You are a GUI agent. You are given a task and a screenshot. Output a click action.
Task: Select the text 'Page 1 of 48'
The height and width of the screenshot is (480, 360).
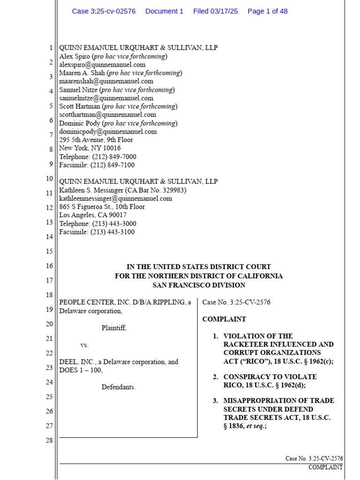(x=267, y=11)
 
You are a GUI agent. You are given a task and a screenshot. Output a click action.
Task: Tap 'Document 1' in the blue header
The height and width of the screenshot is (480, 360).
(x=164, y=11)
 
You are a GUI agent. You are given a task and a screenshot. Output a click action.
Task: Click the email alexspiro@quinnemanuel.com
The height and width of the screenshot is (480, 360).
(x=102, y=65)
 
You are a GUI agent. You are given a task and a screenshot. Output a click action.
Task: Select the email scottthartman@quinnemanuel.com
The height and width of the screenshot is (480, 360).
(x=107, y=115)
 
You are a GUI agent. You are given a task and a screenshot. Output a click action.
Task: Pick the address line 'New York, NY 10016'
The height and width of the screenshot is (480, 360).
(x=90, y=148)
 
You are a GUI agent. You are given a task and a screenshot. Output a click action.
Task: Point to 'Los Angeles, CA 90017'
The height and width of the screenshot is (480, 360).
(x=93, y=215)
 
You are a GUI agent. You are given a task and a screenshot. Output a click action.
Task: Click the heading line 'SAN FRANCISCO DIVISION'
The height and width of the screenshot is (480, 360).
(x=199, y=285)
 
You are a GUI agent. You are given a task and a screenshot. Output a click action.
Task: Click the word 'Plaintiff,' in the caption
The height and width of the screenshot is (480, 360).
(x=114, y=328)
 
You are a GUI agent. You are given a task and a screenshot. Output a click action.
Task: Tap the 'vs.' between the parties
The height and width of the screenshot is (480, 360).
(x=84, y=345)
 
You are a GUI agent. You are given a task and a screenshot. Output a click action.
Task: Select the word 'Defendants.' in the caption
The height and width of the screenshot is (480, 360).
(x=118, y=387)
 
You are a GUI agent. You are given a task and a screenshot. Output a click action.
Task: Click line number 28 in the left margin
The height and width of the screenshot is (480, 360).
(x=49, y=441)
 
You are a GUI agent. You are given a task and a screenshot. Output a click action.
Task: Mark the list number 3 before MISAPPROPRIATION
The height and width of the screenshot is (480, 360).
(x=215, y=401)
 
